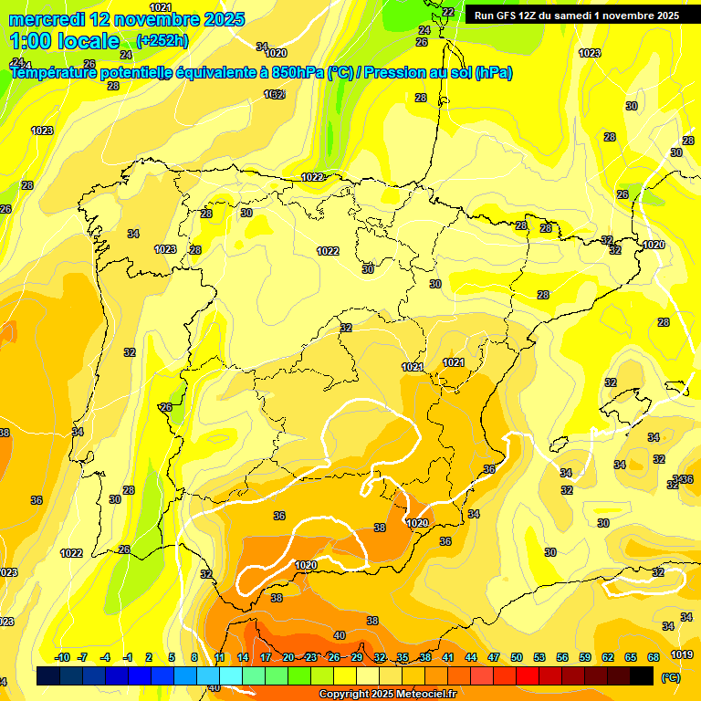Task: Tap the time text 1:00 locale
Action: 65,41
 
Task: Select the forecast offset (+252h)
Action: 163,41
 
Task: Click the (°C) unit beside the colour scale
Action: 670,678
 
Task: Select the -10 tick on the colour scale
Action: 62,657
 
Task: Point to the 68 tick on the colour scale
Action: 654,657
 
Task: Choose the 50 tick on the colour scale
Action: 517,657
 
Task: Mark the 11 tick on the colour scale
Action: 220,657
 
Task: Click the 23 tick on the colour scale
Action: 311,657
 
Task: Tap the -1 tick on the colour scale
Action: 128,657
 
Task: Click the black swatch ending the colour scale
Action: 642,676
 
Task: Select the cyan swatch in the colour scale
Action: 231,676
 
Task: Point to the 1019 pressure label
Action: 681,654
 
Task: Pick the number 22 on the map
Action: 447,12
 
